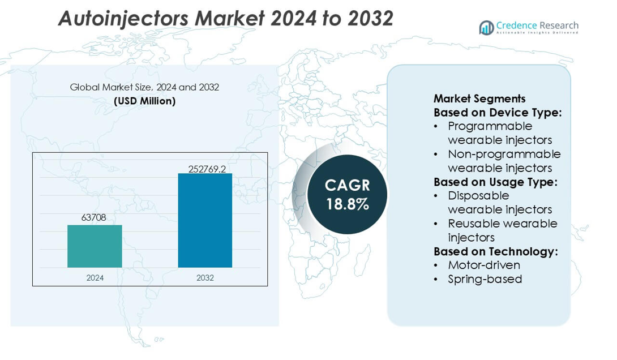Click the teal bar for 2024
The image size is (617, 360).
pyautogui.click(x=95, y=246)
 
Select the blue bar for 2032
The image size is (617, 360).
pyautogui.click(x=205, y=220)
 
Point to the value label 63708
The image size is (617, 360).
pyautogui.click(x=94, y=217)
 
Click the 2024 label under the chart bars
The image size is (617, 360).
pyautogui.click(x=95, y=278)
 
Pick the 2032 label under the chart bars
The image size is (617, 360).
pyautogui.click(x=205, y=278)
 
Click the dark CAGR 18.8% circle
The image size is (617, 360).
pyautogui.click(x=347, y=194)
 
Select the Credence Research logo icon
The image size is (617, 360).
pyautogui.click(x=486, y=27)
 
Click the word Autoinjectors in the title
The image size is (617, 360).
pyautogui.click(x=123, y=18)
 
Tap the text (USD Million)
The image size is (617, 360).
pyautogui.click(x=144, y=101)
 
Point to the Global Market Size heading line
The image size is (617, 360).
pyautogui.click(x=144, y=87)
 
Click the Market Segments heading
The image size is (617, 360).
pyautogui.click(x=479, y=98)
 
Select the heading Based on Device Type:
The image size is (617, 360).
pyautogui.click(x=498, y=112)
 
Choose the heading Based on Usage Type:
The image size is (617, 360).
pyautogui.click(x=495, y=182)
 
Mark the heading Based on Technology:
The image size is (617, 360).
pyautogui.click(x=495, y=251)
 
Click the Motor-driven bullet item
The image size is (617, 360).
pyautogui.click(x=483, y=265)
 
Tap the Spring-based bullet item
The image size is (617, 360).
pyautogui.click(x=485, y=279)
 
